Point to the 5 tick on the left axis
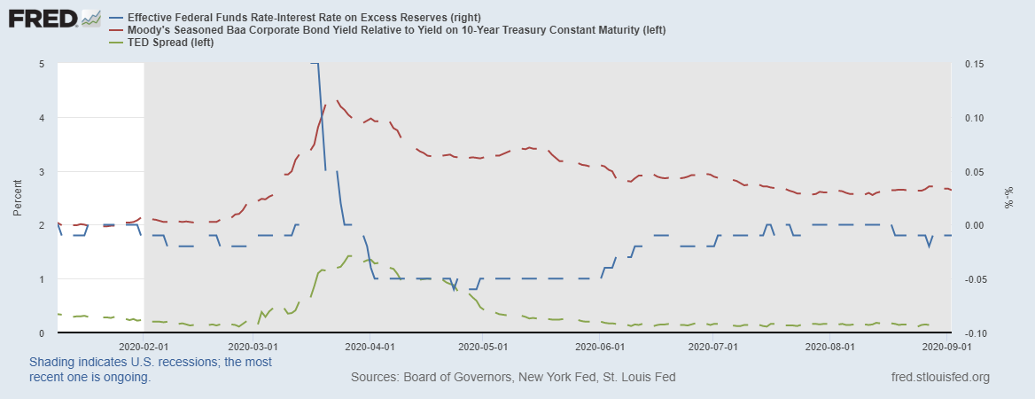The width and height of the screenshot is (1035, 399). click(42, 64)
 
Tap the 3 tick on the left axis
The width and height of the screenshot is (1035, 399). click(42, 171)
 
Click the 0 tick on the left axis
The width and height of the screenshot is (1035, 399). click(42, 332)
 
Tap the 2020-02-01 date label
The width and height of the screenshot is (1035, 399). click(143, 348)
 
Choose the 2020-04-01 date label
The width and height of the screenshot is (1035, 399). click(370, 348)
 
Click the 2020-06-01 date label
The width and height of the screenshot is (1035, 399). click(600, 348)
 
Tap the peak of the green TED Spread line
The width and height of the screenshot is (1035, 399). click(351, 255)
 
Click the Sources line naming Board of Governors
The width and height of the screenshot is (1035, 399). click(513, 377)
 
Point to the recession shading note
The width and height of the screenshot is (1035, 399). click(151, 370)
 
